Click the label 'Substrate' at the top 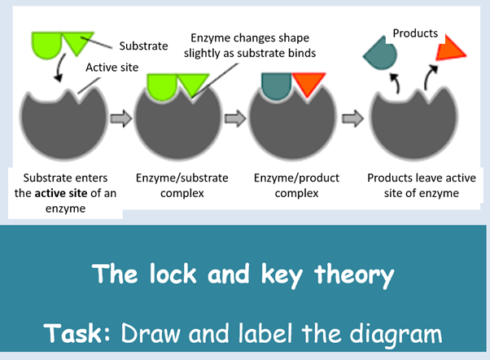coord(144,46)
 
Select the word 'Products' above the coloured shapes coord(415,33)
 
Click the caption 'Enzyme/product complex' coord(296,185)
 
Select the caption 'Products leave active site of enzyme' coord(413,185)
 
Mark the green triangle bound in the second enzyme coord(194,83)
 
